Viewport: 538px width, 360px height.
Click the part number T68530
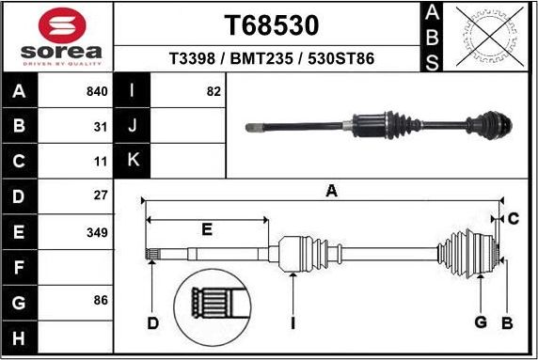coord(271,23)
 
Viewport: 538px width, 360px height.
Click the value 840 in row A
coord(97,91)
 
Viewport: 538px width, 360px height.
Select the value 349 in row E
coord(97,231)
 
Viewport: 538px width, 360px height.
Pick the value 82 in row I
coord(213,91)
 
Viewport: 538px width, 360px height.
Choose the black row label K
coord(133,161)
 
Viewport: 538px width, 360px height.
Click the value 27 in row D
coord(101,196)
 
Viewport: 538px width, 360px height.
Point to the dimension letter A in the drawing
coord(331,191)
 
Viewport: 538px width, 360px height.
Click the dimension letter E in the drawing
coord(207,228)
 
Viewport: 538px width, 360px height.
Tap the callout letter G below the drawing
coord(480,323)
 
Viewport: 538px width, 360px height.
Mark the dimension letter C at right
coord(514,219)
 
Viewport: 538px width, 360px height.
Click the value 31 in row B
coord(101,126)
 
